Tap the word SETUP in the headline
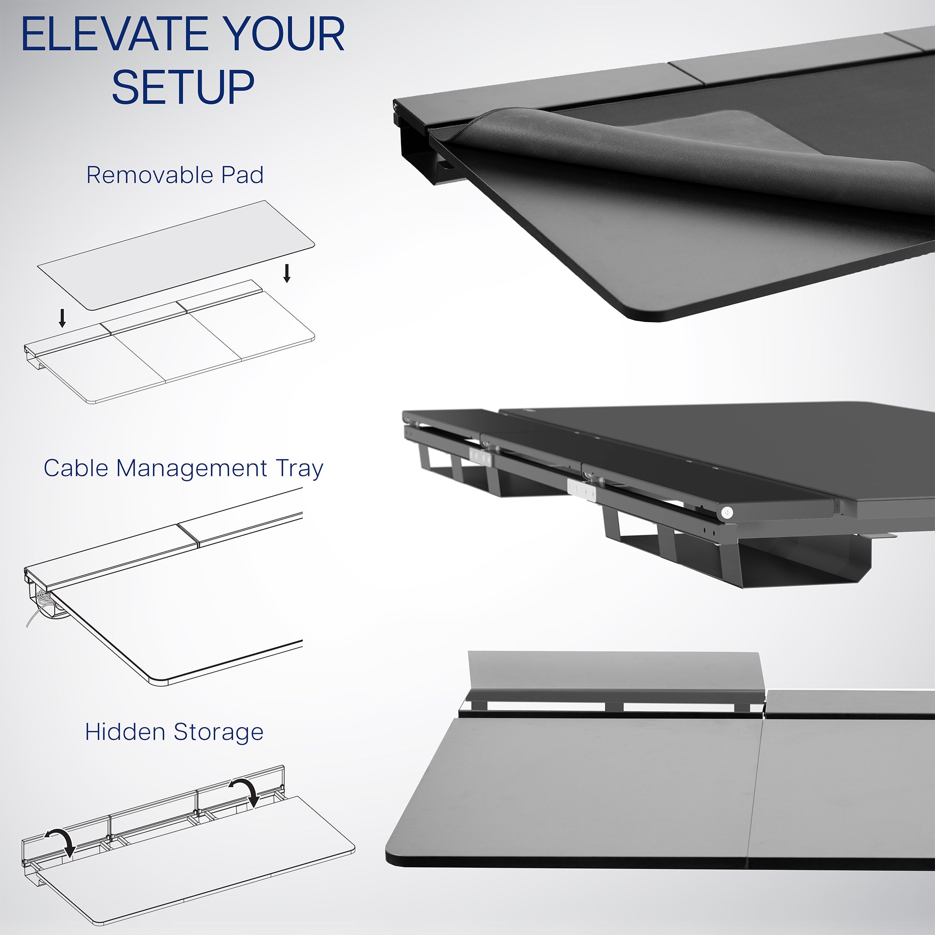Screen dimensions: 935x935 coord(183,87)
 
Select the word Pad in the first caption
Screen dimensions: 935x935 coord(242,175)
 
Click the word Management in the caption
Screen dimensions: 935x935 coord(192,469)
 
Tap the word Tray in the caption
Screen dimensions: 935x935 coord(300,469)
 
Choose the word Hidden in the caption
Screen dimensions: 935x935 coord(124,732)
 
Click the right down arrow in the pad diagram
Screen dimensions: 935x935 coord(287,273)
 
